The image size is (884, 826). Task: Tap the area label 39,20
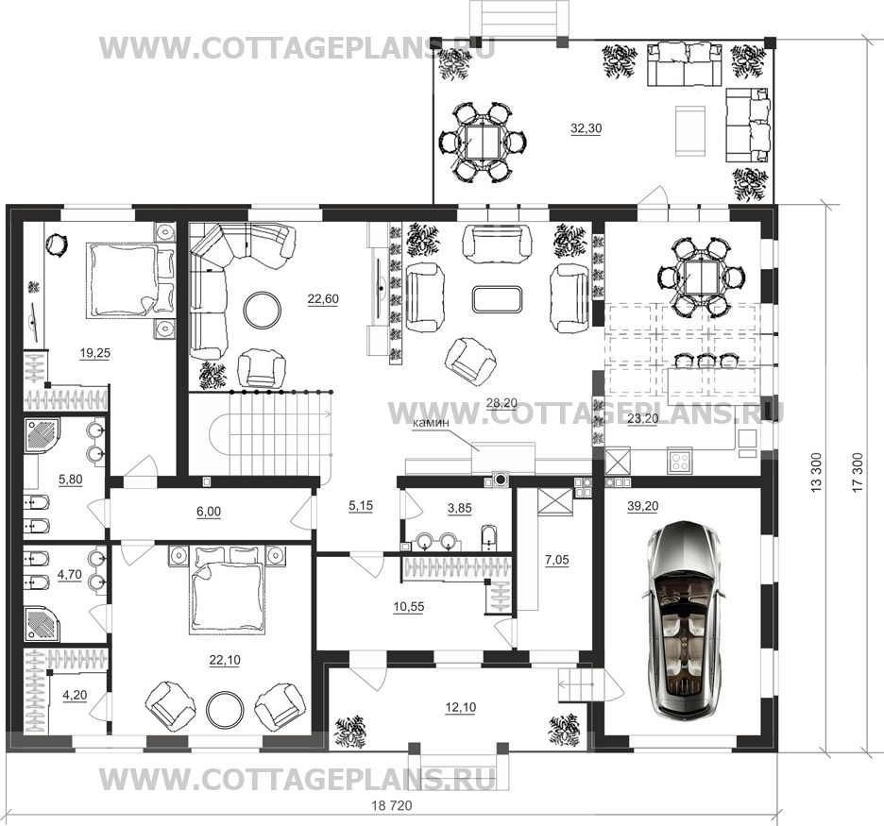point(642,507)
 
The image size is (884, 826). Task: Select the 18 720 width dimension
point(392,806)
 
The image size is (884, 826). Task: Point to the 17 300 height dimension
point(858,472)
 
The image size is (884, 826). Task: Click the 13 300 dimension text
point(816,472)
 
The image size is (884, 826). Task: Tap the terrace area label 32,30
point(586,128)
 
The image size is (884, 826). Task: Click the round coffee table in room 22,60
point(263,309)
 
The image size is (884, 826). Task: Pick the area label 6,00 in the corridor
point(209,512)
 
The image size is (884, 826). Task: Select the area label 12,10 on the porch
point(461,708)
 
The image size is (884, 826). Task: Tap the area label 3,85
point(460,508)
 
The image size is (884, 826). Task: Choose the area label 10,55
point(409,607)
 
